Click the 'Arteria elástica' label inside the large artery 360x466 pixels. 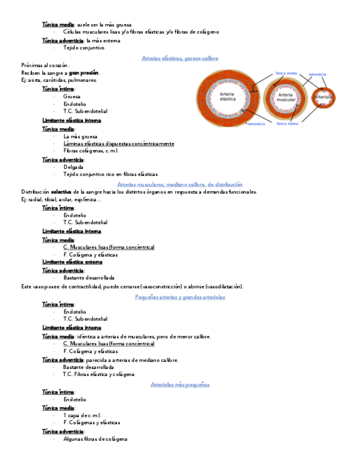pos(228,97)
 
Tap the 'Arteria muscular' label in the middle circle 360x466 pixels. pos(285,98)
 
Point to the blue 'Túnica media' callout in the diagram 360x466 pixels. pos(286,73)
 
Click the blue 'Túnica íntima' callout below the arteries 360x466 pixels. pos(287,124)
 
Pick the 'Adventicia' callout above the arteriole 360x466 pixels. pos(318,74)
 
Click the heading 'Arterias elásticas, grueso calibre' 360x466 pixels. pos(180,58)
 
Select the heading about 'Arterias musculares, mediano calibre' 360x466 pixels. pos(180,185)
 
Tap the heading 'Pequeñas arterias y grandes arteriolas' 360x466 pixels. pos(180,297)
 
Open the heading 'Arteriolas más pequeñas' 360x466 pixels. pos(180,385)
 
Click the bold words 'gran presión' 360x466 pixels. pos(84,73)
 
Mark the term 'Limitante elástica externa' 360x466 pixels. pos(72,262)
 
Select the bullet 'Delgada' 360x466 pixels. pos(73,167)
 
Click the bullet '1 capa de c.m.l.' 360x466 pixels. pos(82,415)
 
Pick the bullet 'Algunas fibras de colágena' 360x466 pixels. pos(95,439)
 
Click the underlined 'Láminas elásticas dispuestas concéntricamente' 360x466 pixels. pos(119,143)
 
